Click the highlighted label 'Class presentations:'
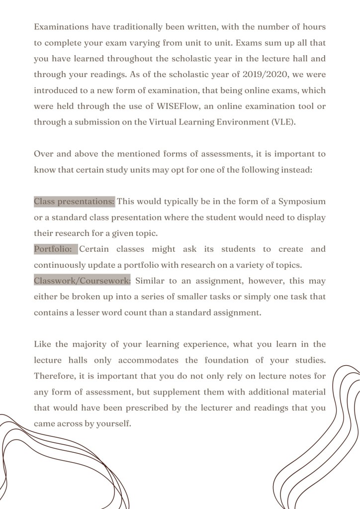[x=74, y=202]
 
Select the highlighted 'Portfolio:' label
[x=56, y=249]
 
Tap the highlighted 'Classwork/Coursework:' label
[x=83, y=281]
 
